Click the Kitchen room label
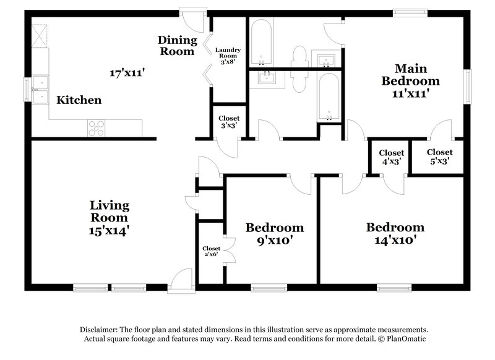[x=79, y=100]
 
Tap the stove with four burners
[x=97, y=127]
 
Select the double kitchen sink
[x=40, y=90]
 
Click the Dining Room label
[x=178, y=46]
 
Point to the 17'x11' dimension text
[x=127, y=73]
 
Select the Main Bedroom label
[x=410, y=81]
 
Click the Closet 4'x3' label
[x=391, y=157]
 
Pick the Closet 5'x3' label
[x=439, y=156]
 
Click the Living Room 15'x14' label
[x=110, y=218]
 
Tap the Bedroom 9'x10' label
[x=274, y=234]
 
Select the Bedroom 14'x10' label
[x=395, y=234]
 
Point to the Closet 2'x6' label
[x=211, y=252]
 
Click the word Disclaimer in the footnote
[x=101, y=330]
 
